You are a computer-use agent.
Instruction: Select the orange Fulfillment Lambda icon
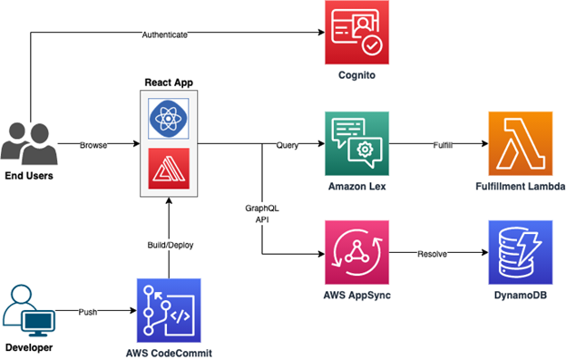coord(522,143)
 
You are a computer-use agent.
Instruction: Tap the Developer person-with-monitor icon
coord(31,310)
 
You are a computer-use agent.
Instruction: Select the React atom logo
coord(168,119)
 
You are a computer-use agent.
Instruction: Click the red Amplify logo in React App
coord(168,169)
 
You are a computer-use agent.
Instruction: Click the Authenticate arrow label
coord(165,34)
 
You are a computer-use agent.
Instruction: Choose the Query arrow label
coord(281,144)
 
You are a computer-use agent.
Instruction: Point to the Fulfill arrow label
coord(441,144)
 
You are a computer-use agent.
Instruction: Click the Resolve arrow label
coord(432,254)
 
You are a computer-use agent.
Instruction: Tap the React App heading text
coord(169,83)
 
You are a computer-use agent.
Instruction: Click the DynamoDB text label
coord(522,297)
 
